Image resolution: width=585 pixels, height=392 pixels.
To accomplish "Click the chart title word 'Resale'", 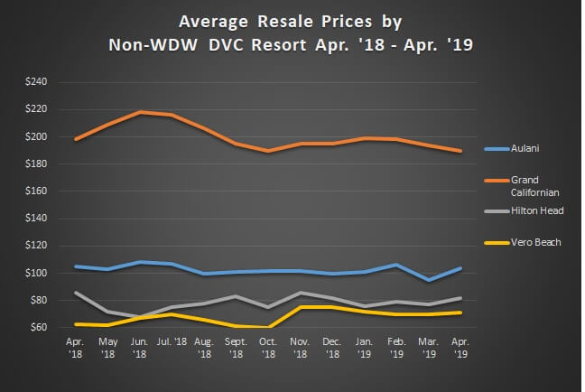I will [254, 19].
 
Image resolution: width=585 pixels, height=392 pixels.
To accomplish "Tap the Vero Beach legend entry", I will [535, 242].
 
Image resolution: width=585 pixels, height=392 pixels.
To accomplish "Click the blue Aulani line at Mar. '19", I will [428, 280].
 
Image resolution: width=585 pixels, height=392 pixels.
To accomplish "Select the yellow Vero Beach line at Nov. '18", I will [301, 307].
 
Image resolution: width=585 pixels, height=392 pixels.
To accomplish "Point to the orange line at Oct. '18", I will [269, 151].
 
